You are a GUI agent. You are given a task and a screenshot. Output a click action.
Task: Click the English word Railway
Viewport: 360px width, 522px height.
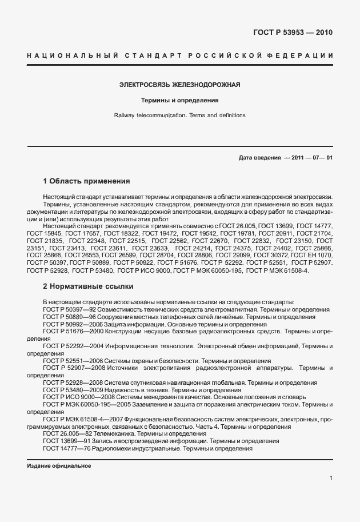pos(125,115)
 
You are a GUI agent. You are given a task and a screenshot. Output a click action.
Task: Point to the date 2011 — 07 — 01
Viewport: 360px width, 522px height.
pos(312,157)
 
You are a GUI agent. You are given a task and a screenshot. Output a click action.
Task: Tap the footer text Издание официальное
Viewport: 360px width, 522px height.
pos(59,466)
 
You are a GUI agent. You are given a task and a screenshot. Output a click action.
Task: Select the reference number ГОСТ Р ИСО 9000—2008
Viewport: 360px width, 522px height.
pos(78,397)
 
